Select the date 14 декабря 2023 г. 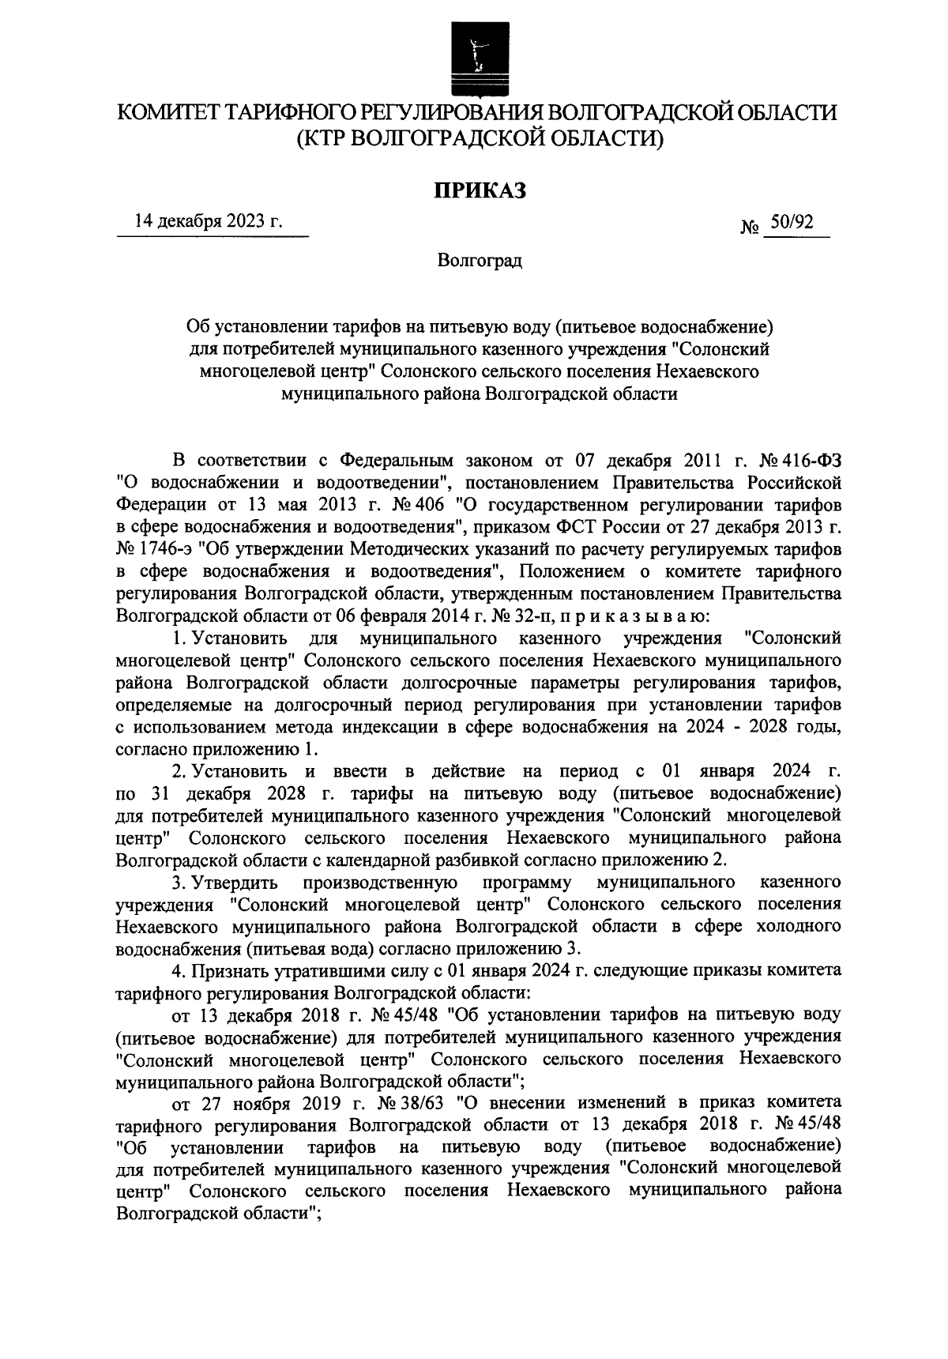[x=209, y=222]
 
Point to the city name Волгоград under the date [x=480, y=260]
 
